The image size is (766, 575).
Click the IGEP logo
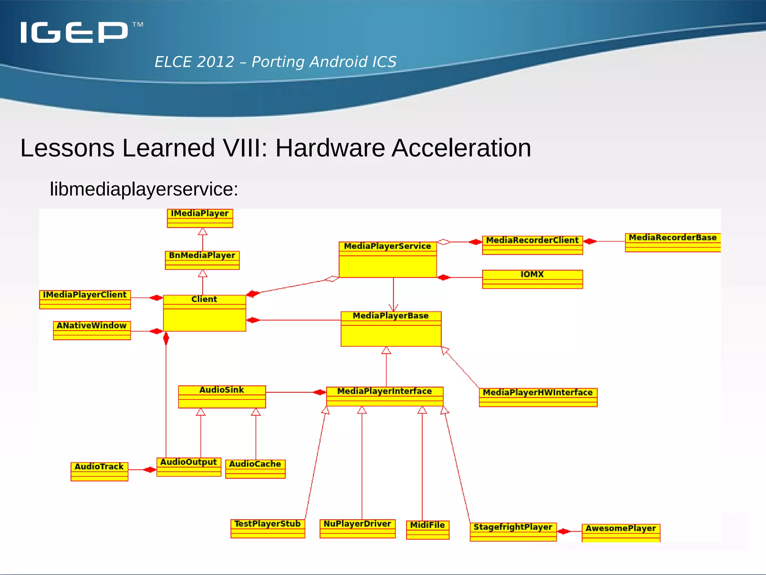click(x=75, y=32)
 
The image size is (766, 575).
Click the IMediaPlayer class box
click(x=200, y=218)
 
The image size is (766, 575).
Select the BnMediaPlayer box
click(x=202, y=260)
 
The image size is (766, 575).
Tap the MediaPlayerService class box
click(x=387, y=259)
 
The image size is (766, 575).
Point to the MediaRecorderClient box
click(x=532, y=245)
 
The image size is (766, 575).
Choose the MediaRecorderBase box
click(x=672, y=242)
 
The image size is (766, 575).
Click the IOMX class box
click(x=532, y=279)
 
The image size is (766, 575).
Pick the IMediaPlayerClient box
click(x=85, y=299)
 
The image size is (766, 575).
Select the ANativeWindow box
click(x=92, y=330)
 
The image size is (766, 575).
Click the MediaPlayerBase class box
click(x=391, y=329)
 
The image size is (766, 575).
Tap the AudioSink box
click(x=222, y=396)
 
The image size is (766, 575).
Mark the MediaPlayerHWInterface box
click(x=538, y=397)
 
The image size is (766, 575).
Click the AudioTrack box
click(x=99, y=471)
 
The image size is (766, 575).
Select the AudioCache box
click(x=255, y=469)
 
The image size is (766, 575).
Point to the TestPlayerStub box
click(x=267, y=529)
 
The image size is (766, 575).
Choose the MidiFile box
click(x=428, y=530)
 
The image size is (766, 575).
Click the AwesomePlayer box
click(x=621, y=533)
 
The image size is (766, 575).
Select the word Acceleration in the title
click(x=461, y=148)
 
